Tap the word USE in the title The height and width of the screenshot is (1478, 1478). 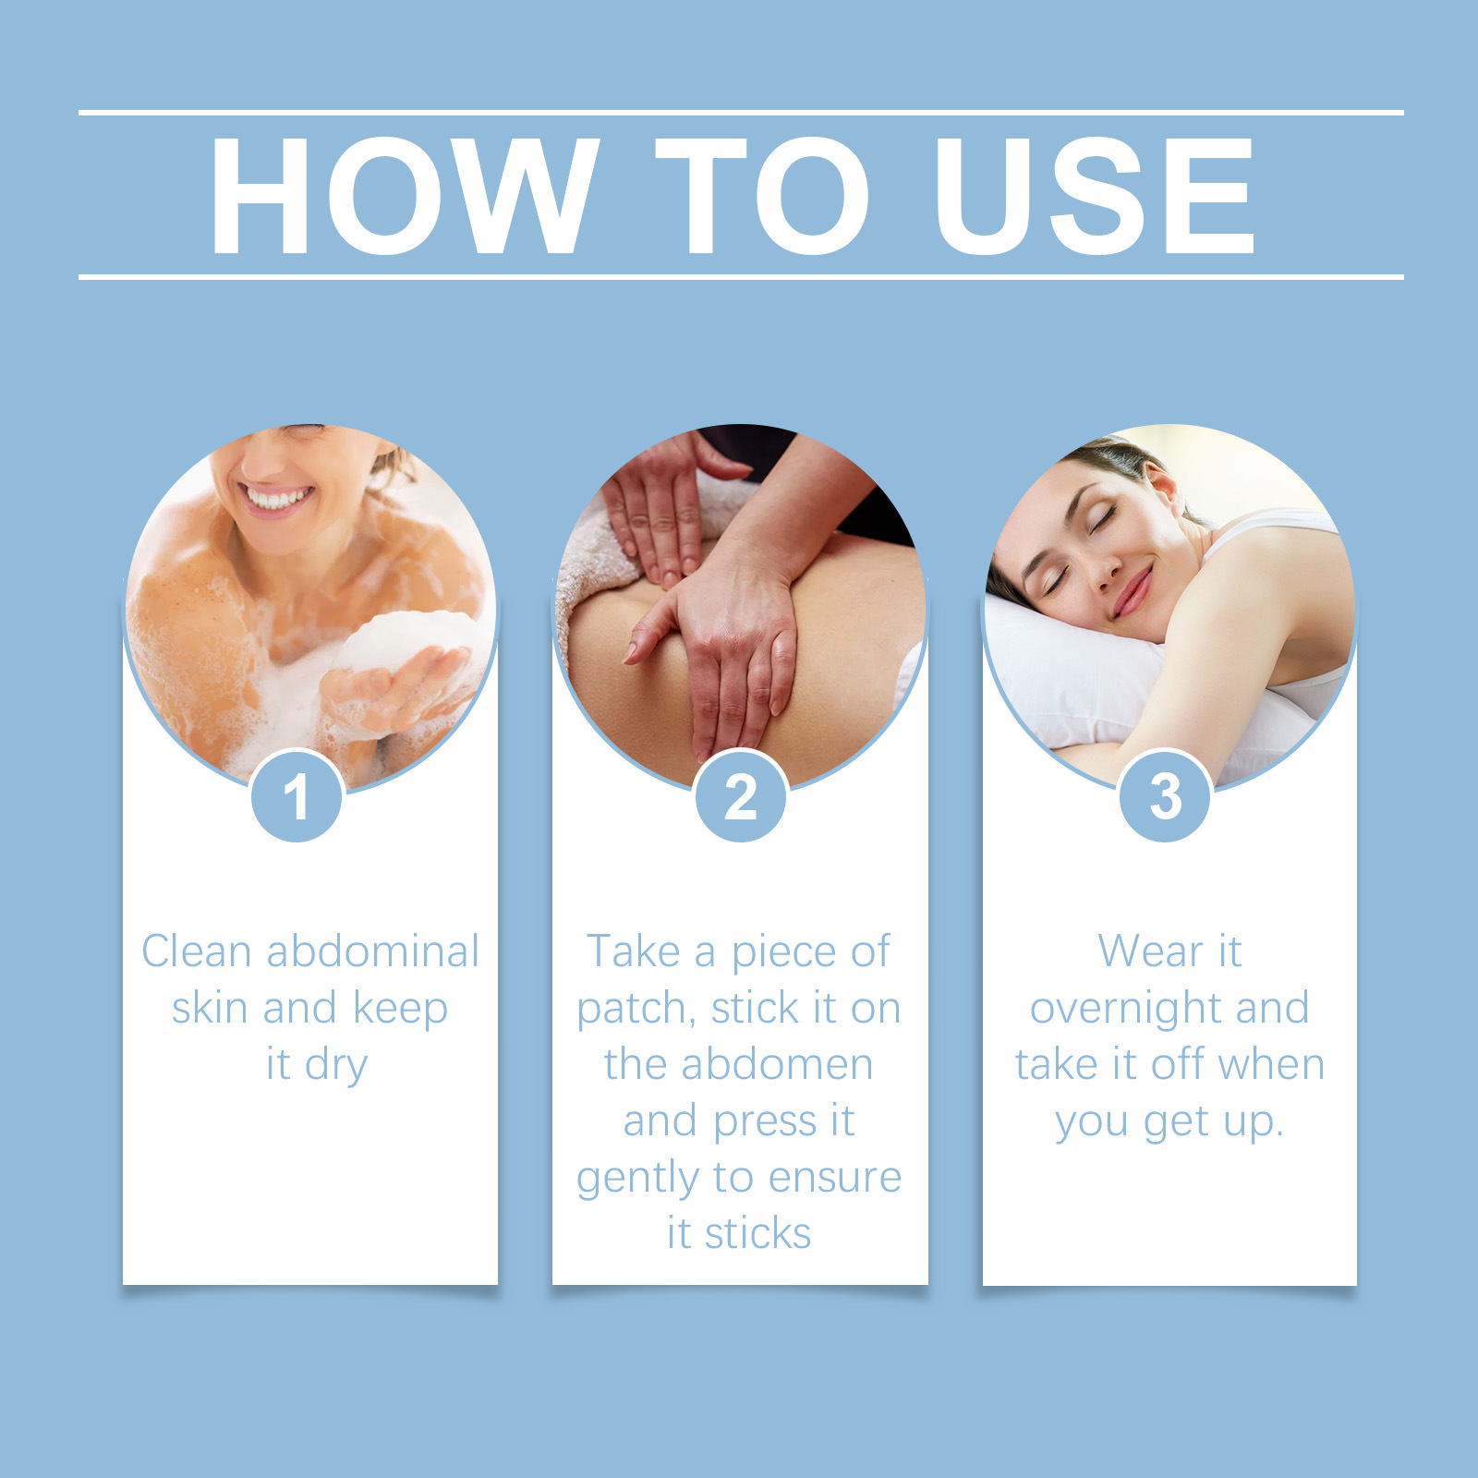(1095, 195)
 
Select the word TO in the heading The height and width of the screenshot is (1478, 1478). (763, 195)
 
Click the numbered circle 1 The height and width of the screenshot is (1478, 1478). (297, 796)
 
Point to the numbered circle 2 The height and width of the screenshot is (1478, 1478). (741, 796)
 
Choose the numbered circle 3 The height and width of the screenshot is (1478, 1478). (1165, 796)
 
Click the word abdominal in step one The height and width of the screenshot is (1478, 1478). (373, 951)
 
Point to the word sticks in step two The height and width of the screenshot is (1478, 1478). (757, 1233)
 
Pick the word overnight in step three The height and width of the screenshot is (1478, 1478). (1125, 1009)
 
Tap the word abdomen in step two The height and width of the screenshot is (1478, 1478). (778, 1064)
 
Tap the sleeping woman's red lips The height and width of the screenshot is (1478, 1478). (1133, 592)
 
